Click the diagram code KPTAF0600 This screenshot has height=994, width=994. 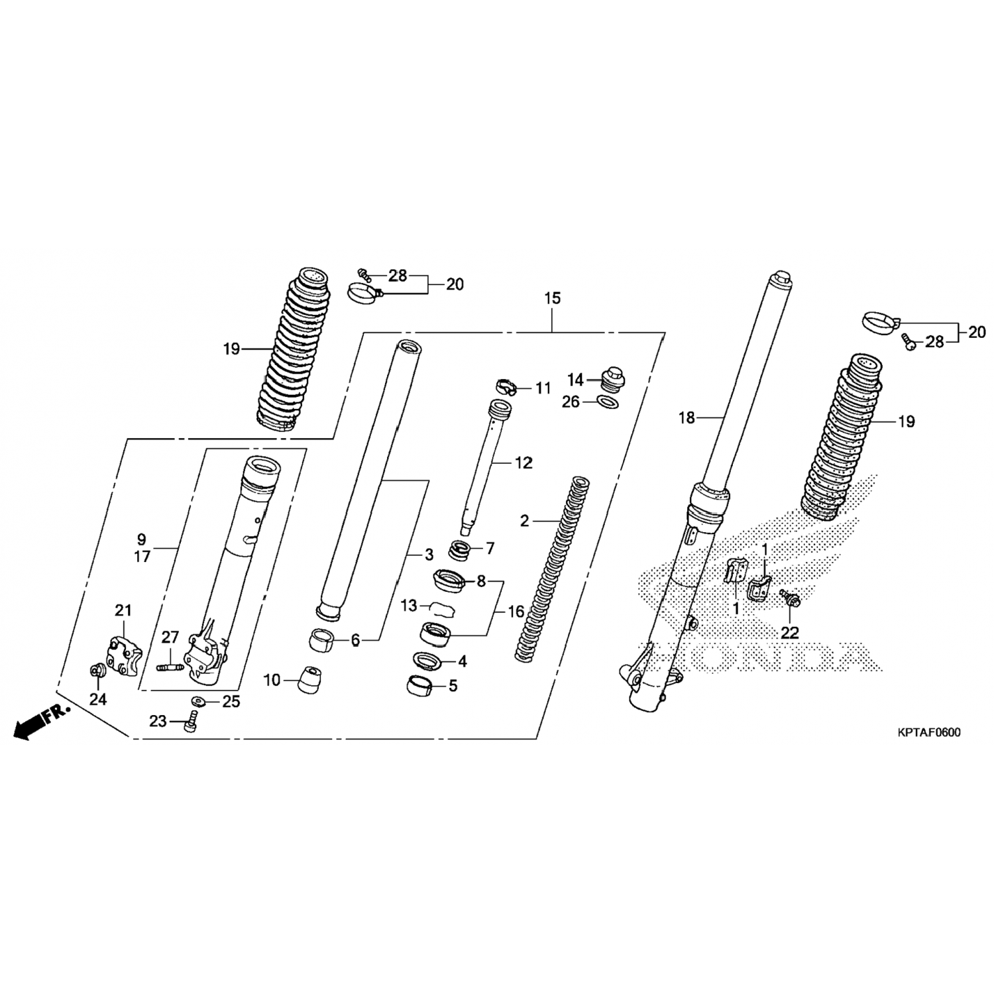tap(928, 732)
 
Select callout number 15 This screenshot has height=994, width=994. tap(552, 298)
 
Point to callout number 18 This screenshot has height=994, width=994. tap(687, 417)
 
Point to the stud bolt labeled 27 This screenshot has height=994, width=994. tap(170, 667)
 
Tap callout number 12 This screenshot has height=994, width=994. tap(524, 463)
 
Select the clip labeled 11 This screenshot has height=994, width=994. tap(506, 385)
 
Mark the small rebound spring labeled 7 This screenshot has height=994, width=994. tap(463, 549)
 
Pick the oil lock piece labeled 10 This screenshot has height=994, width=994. tap(309, 679)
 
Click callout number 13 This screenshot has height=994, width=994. tap(409, 605)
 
